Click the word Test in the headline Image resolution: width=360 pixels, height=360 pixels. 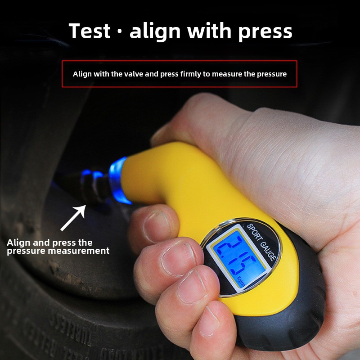[x=90, y=31]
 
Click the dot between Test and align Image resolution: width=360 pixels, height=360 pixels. [x=120, y=32]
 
